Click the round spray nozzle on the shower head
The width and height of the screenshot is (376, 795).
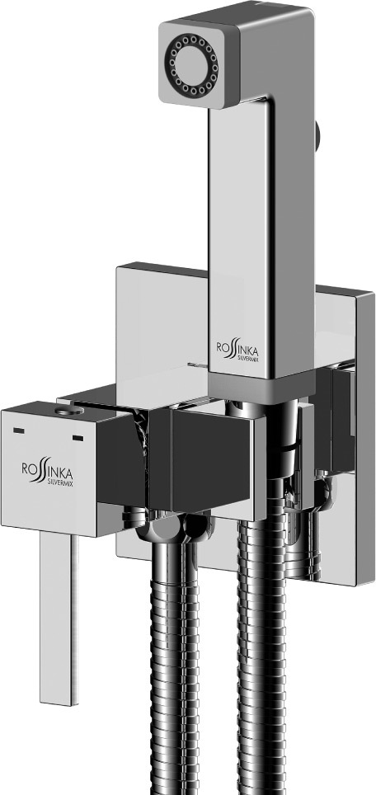pos(194,64)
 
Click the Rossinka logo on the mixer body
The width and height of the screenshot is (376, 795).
pos(47,469)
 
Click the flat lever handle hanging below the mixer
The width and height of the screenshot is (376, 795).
pos(59,619)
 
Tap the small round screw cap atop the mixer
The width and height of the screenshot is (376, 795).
pos(69,411)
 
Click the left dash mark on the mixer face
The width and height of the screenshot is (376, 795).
pos(19,431)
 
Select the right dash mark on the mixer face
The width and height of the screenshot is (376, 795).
pos(78,437)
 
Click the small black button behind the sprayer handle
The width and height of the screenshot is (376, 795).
pos(318,136)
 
